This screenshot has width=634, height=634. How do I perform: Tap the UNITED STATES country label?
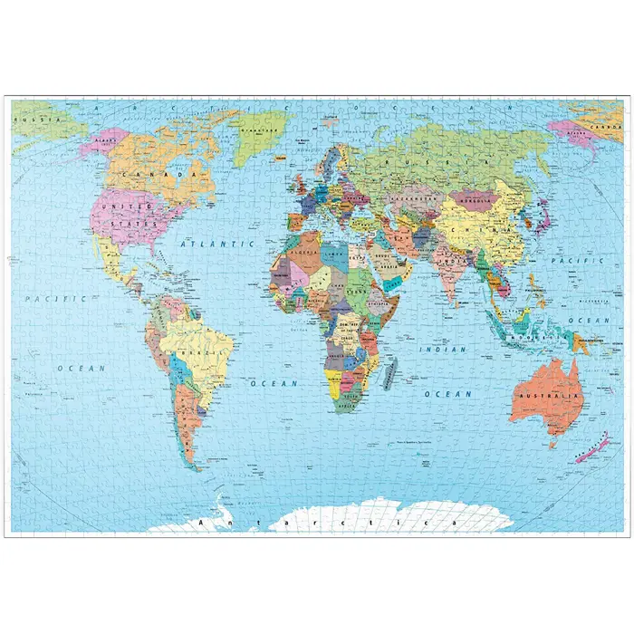coord(126,214)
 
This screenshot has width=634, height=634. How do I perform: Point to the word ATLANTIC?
coord(216,244)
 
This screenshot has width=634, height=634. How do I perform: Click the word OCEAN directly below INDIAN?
coord(448,394)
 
